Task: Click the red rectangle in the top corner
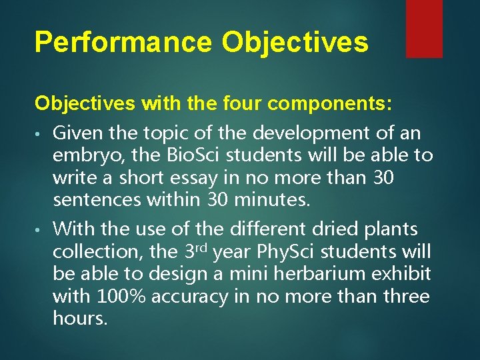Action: (x=424, y=28)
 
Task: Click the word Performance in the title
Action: (x=123, y=42)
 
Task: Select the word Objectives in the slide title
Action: (x=295, y=42)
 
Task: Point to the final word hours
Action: (x=79, y=319)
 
